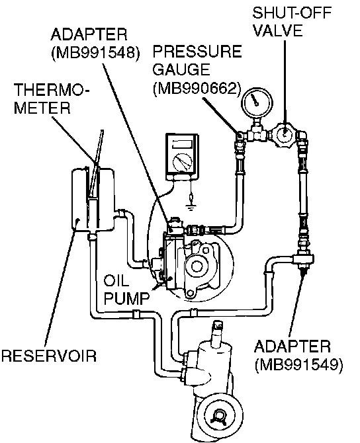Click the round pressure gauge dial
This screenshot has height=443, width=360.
[x=257, y=103]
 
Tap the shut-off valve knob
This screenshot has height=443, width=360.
[x=284, y=134]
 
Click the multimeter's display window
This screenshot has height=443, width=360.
[x=182, y=143]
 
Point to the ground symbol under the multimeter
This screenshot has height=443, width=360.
[x=191, y=209]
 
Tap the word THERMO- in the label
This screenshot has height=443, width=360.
[x=51, y=90]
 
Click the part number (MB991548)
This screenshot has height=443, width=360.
[x=95, y=52]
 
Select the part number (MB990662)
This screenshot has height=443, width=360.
[x=197, y=88]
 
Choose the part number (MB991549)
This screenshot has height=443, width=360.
[x=299, y=365]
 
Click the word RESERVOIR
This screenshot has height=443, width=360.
[x=49, y=356]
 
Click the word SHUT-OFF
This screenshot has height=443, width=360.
[x=292, y=13]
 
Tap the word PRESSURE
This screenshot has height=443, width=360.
[x=197, y=51]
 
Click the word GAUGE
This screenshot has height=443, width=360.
[x=181, y=69]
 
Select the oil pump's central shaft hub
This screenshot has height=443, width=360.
[x=197, y=265]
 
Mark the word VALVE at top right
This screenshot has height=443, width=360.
[x=277, y=31]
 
